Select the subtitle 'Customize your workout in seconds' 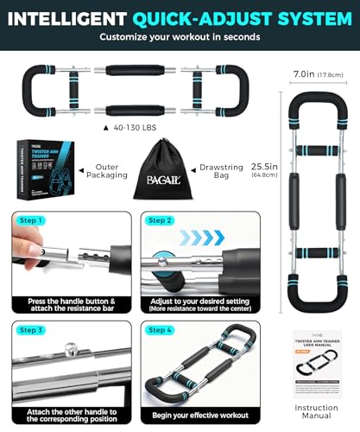[x=179, y=37]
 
